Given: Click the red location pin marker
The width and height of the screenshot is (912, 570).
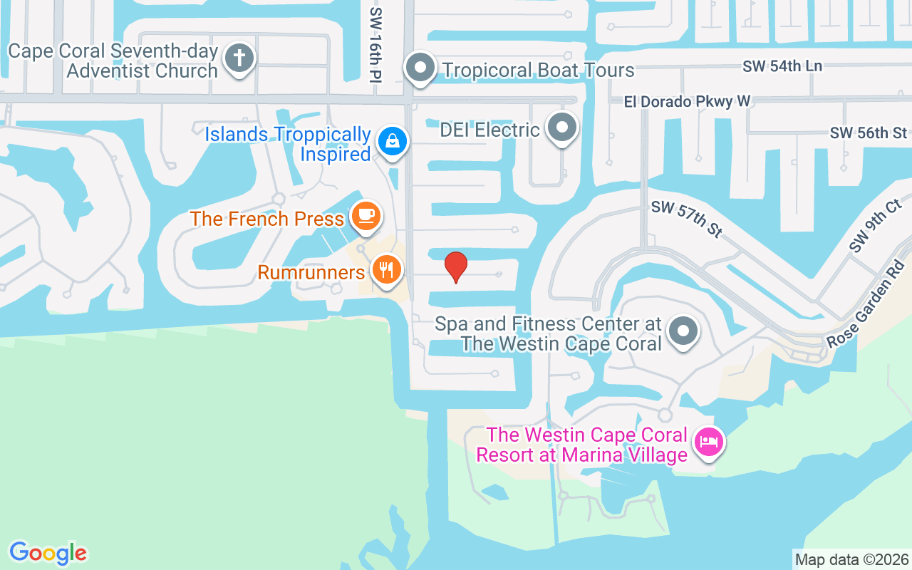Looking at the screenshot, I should [456, 267].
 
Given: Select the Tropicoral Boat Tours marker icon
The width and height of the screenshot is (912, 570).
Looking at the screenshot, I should [420, 68].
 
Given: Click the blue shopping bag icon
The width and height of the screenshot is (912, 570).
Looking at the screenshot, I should [392, 140].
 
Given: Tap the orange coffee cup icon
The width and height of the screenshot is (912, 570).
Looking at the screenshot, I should [366, 215].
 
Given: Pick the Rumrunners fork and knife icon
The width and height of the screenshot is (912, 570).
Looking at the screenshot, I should [386, 269].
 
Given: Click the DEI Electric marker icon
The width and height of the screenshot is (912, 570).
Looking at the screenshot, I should [562, 128].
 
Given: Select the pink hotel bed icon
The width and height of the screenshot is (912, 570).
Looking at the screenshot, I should [709, 442].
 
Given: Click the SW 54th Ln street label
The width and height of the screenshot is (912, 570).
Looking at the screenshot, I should [782, 66].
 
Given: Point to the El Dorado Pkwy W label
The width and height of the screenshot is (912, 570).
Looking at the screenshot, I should [687, 101].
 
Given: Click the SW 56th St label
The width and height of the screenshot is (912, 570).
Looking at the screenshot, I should [869, 133].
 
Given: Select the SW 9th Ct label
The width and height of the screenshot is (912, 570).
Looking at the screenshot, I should [875, 226].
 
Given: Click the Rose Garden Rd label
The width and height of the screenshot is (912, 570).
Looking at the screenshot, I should [866, 304].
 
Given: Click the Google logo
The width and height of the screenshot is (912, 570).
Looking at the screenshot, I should [48, 553].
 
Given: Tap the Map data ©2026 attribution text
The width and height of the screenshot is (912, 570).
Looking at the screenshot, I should [852, 559].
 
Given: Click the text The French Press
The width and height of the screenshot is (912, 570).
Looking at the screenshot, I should [267, 219].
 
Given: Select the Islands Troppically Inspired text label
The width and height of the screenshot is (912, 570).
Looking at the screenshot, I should [288, 144].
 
